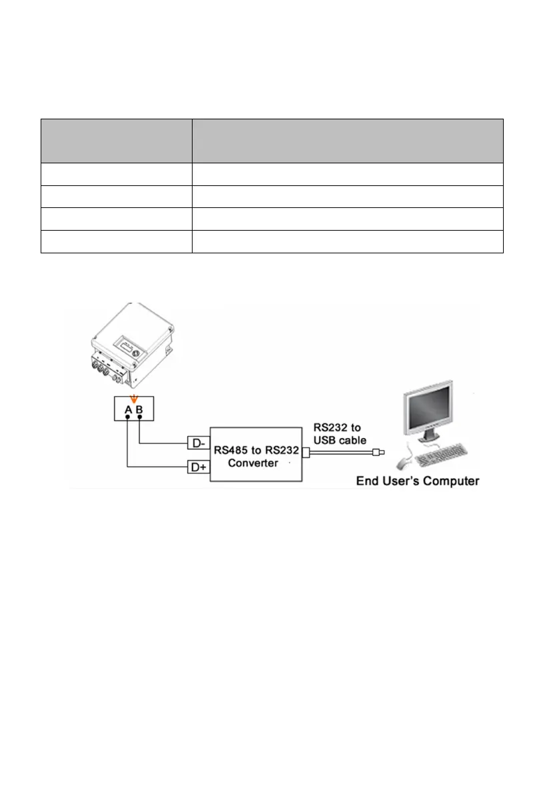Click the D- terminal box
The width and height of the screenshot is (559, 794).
coord(198,442)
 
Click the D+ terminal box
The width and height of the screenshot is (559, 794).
coord(198,468)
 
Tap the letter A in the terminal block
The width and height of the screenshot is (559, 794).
coord(127,410)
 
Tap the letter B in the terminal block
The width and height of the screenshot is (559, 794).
coord(139,410)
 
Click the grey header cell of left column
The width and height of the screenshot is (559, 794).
coord(116,140)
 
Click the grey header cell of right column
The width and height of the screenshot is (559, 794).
coord(347,140)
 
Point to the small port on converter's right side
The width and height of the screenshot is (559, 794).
coord(306,453)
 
